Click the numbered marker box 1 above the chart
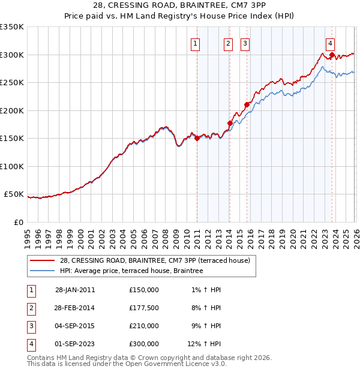[x=196, y=43]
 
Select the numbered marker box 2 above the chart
[x=229, y=43]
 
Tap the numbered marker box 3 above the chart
[x=245, y=43]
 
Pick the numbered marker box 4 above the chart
[x=331, y=43]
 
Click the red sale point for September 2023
[x=332, y=55]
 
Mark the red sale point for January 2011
[x=197, y=139]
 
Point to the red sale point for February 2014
[x=230, y=123]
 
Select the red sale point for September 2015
[x=246, y=104]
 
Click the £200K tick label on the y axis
[x=12, y=110]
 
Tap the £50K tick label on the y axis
[x=14, y=194]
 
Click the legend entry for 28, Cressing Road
[x=158, y=260]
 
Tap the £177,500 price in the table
[x=144, y=308]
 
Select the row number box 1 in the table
[x=30, y=290]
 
